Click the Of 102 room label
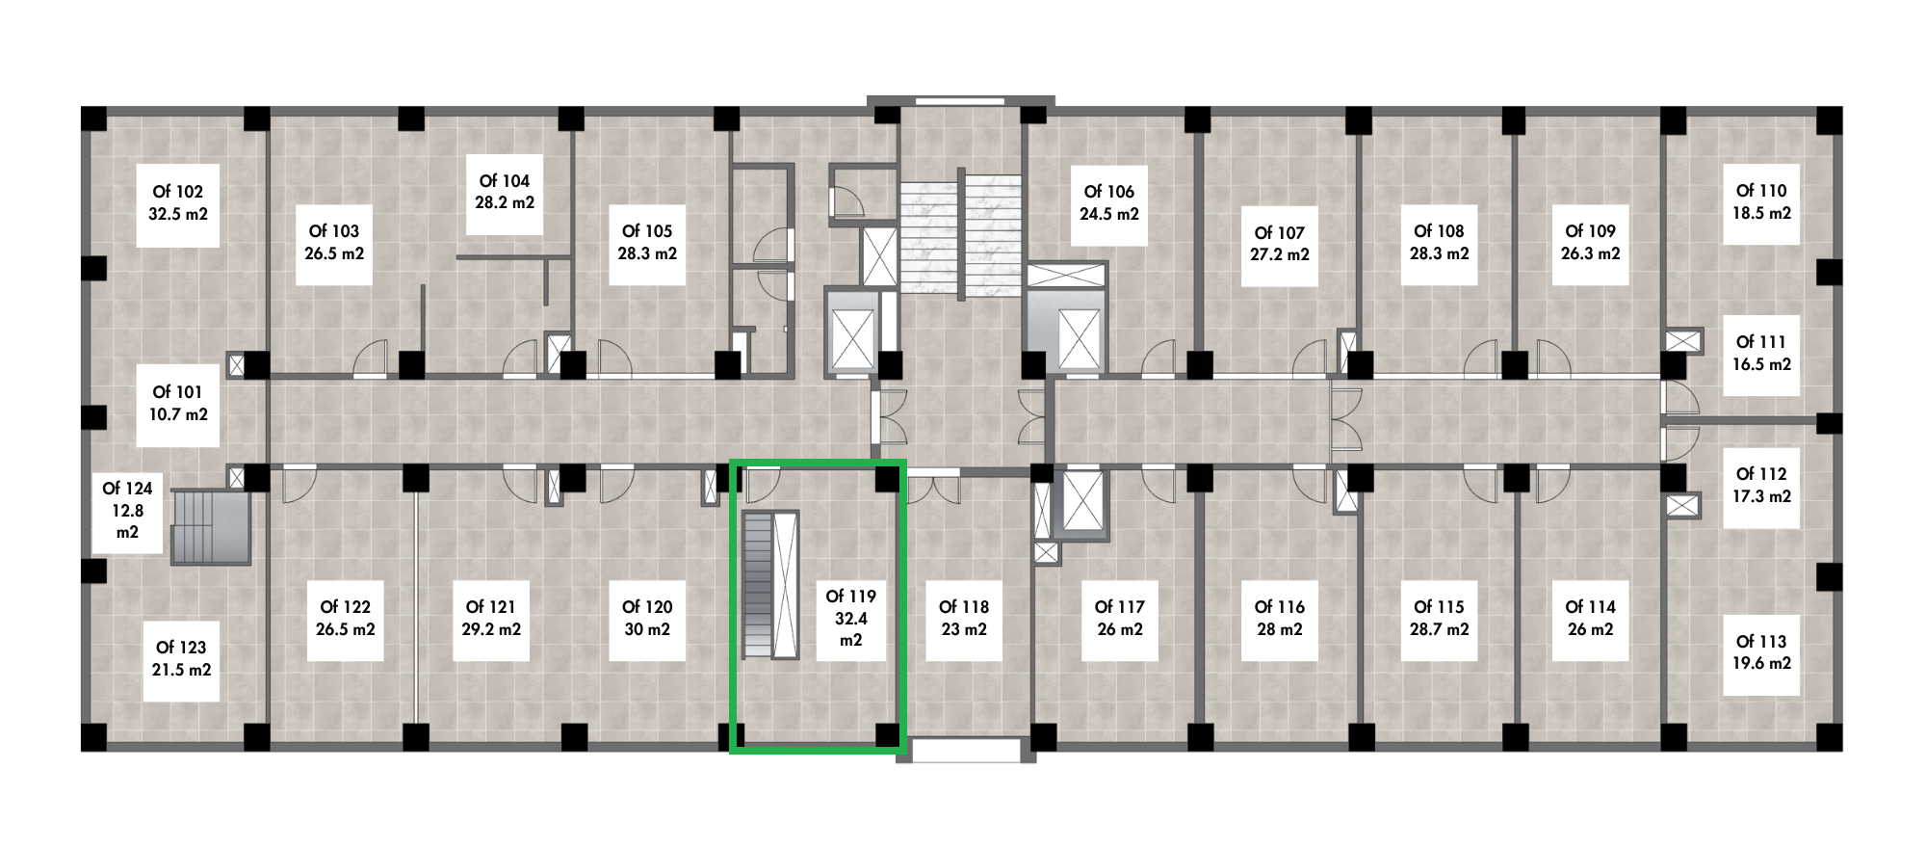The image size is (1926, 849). [x=178, y=203]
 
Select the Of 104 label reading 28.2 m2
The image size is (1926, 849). [x=505, y=193]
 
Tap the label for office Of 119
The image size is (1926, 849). [x=851, y=618]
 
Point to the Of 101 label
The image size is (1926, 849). [x=178, y=404]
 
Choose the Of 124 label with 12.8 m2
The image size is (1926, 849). [x=127, y=511]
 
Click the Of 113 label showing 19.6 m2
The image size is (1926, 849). [x=1761, y=652]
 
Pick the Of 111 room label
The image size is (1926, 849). [x=1761, y=354]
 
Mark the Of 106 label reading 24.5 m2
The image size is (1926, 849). [x=1109, y=203]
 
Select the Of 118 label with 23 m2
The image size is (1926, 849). [x=964, y=619]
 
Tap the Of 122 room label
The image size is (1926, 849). [x=346, y=619]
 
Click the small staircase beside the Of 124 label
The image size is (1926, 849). [x=211, y=526]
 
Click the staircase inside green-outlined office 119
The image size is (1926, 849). [x=770, y=585]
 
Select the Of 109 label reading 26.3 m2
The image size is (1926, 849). [x=1590, y=243]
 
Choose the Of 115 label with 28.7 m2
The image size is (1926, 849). [x=1440, y=619]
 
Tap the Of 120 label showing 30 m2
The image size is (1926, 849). [x=647, y=619]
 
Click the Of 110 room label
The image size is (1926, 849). [x=1761, y=202]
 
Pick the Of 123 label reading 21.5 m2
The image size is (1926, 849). [x=181, y=659]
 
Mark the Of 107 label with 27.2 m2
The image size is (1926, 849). [x=1280, y=245]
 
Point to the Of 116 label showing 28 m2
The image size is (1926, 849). [x=1280, y=619]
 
